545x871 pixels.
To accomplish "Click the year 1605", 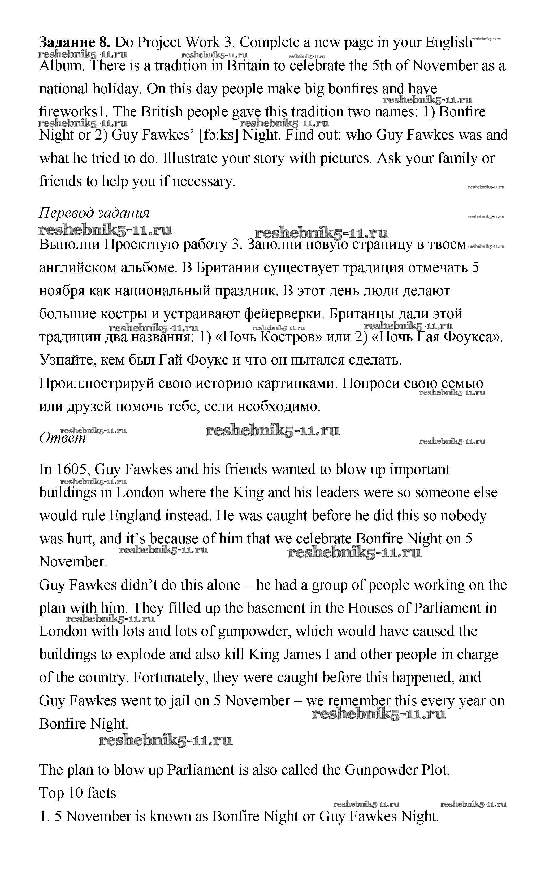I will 72,470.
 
